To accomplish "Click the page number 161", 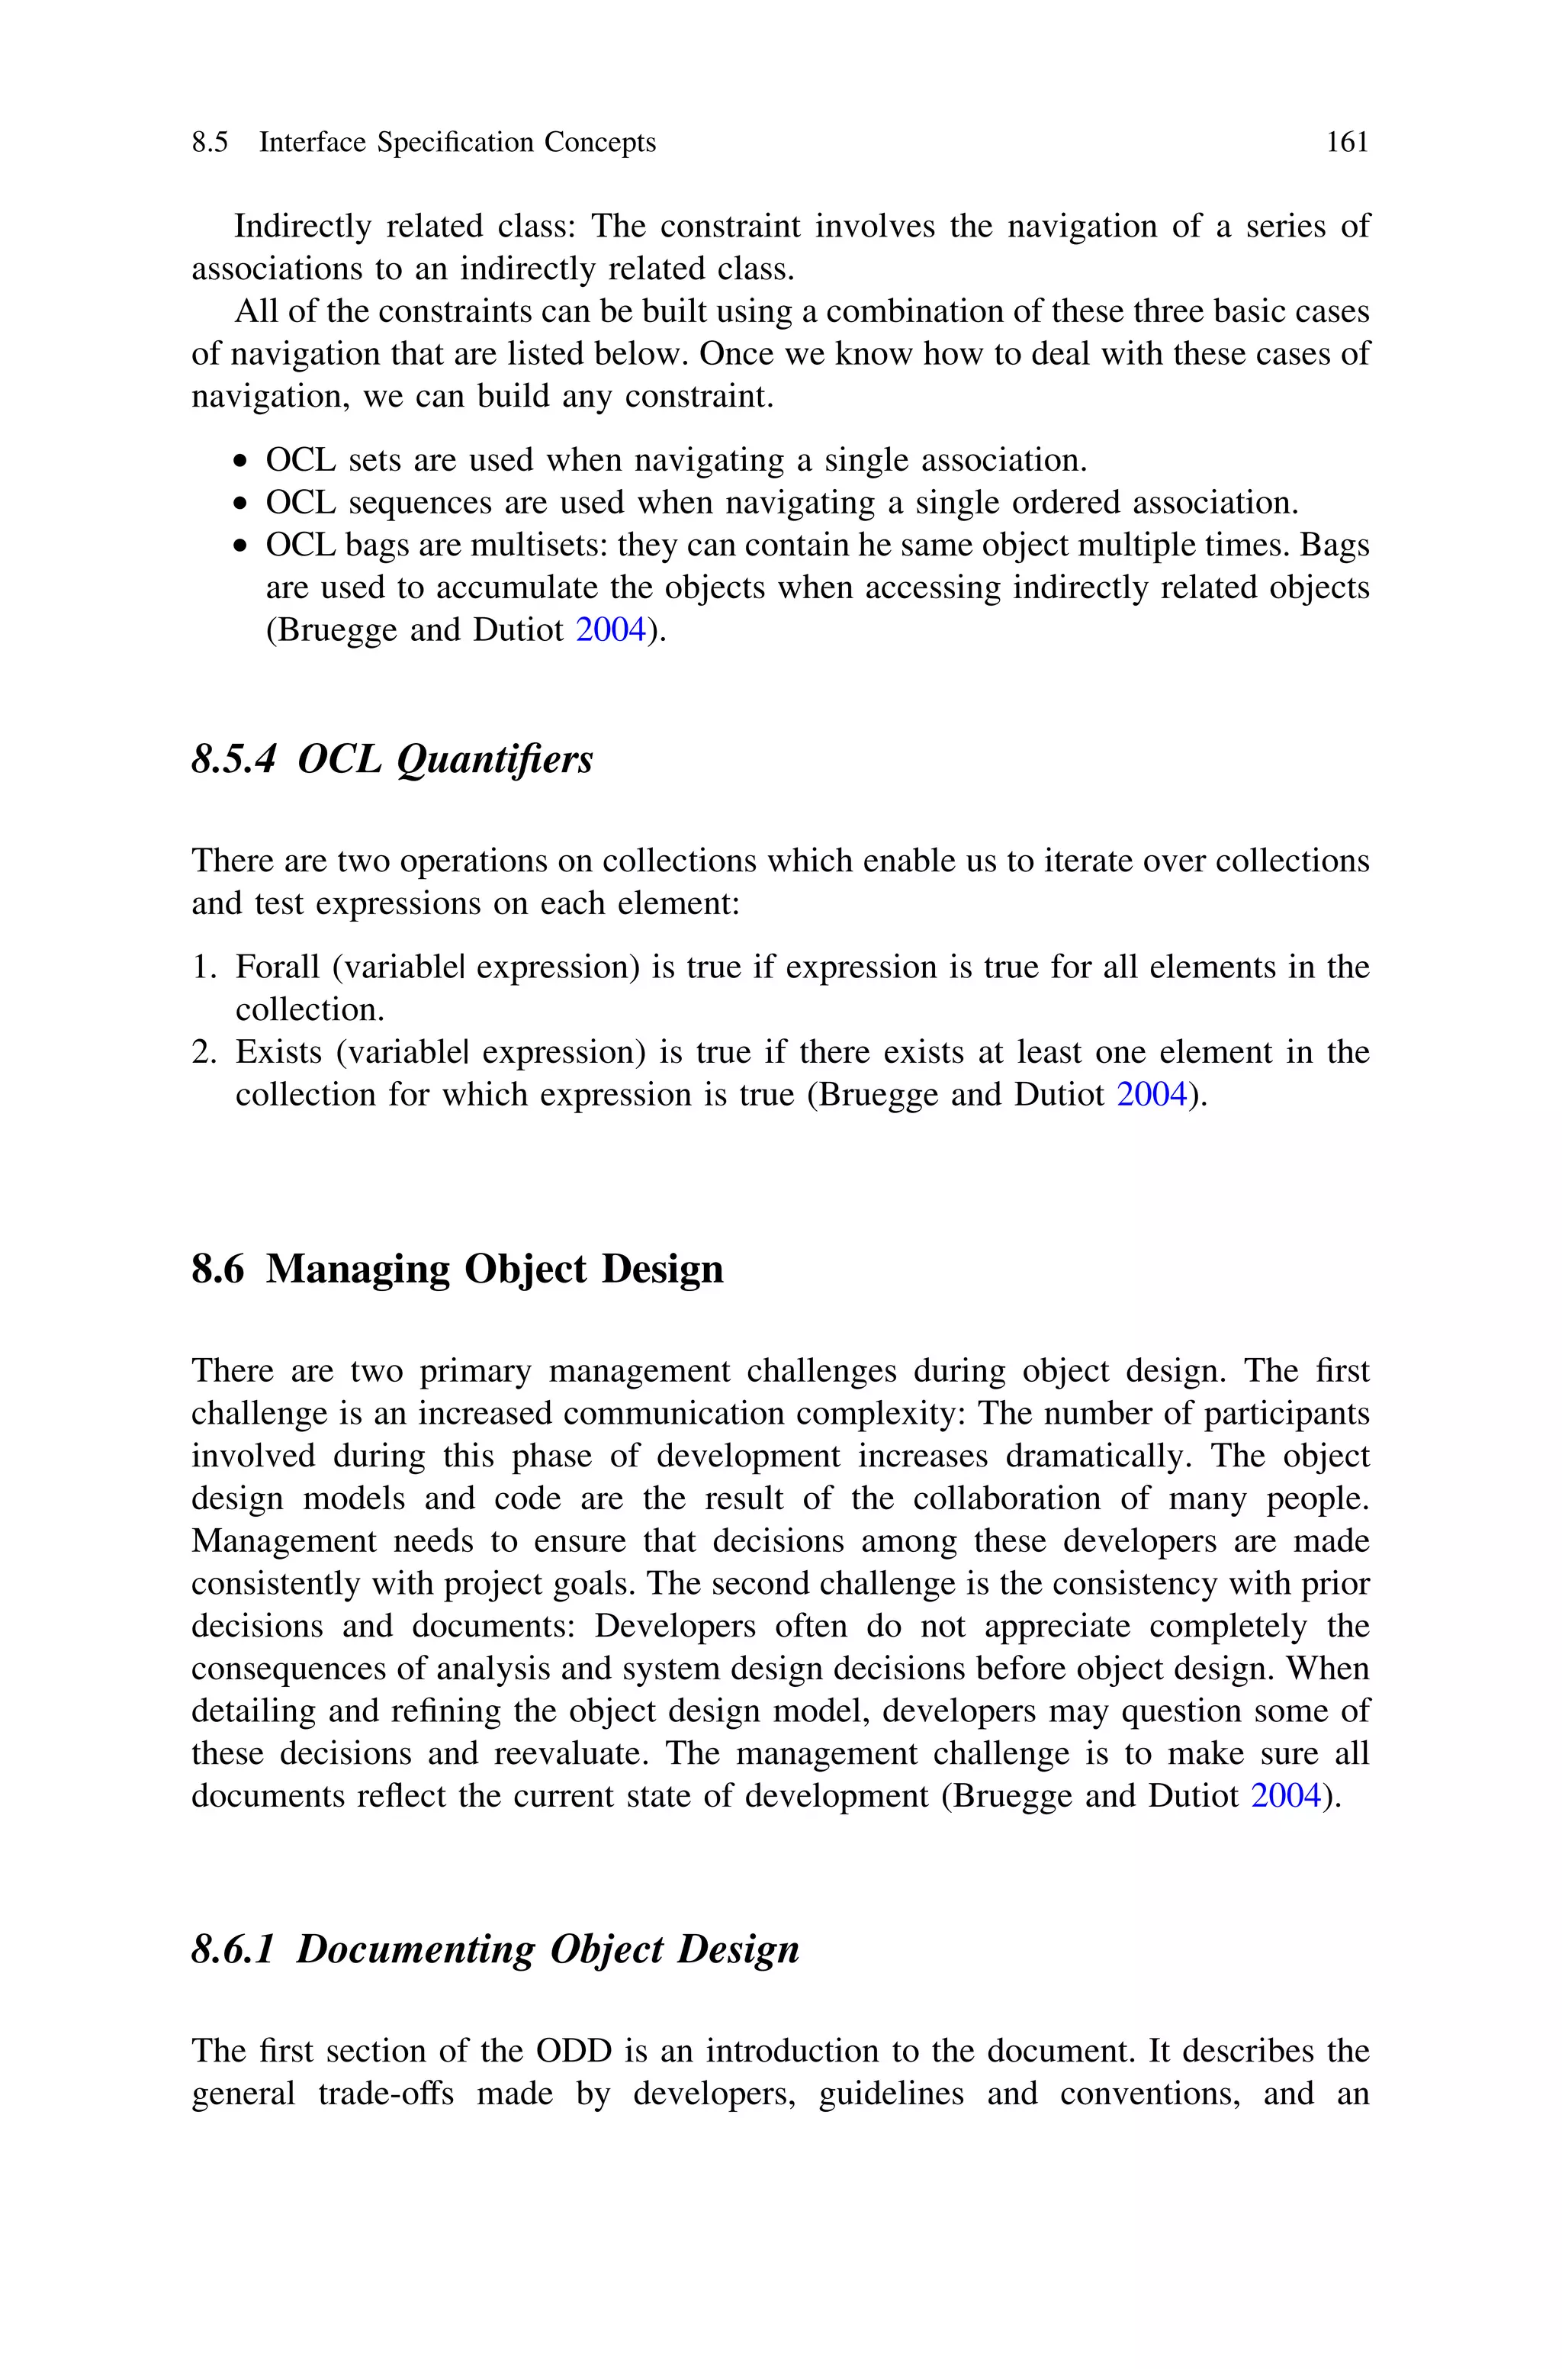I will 1347,143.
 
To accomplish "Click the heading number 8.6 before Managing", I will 217,1269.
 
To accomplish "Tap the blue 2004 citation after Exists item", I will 1152,1095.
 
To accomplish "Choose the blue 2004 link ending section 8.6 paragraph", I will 1286,1796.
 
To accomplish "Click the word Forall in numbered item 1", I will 278,967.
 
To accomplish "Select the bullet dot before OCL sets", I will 240,462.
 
